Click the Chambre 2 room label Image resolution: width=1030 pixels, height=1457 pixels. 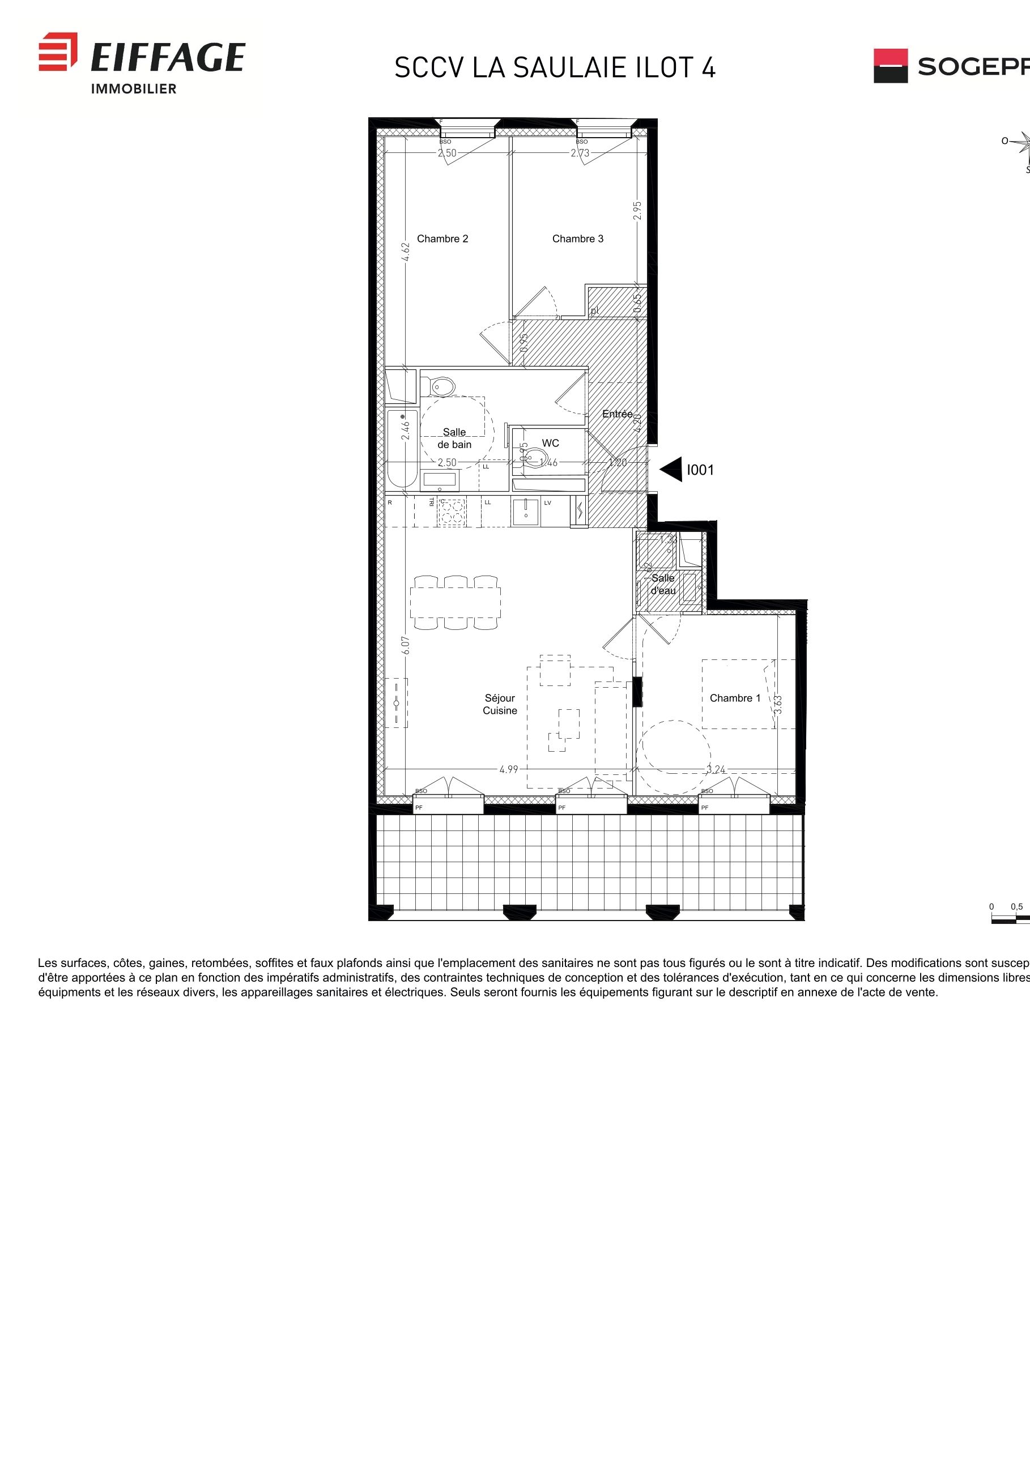click(442, 238)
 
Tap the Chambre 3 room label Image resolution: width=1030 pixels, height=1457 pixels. click(577, 238)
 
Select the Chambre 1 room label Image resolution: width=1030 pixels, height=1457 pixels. click(735, 698)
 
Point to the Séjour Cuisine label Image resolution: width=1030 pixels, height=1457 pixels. click(500, 704)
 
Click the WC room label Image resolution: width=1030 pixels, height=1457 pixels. click(550, 443)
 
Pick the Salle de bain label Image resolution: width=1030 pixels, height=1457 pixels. click(454, 438)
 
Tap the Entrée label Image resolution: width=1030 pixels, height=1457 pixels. click(618, 414)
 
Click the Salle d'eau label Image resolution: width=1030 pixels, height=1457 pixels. click(663, 584)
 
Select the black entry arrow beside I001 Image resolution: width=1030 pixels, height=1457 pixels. click(672, 470)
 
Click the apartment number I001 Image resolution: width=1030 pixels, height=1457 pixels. click(701, 470)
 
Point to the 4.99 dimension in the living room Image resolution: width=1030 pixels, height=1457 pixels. click(509, 769)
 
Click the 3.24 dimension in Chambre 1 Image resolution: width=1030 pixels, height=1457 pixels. click(716, 770)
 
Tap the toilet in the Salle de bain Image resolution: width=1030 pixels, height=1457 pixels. click(443, 386)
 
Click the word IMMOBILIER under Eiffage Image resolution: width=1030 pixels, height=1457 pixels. click(134, 89)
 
